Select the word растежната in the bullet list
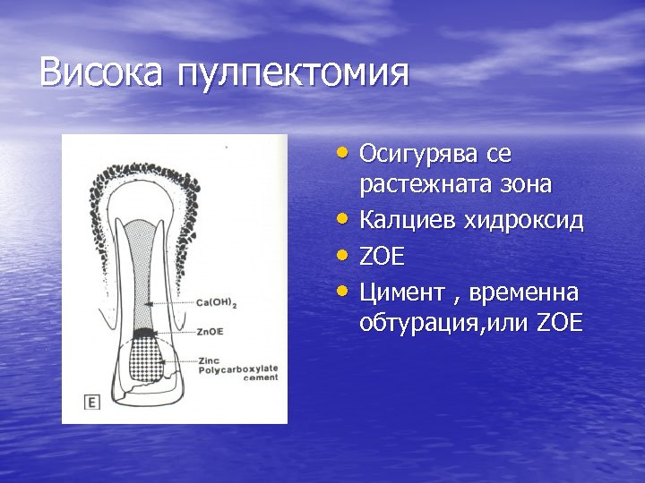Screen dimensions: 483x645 pos(416,185)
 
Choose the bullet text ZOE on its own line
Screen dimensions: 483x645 pos(383,258)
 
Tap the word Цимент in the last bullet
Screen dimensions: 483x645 pos(400,292)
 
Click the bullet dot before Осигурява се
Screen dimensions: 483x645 pos(345,152)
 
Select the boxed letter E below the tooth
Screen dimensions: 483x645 pos(90,402)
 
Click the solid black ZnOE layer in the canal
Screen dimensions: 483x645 pos(142,334)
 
